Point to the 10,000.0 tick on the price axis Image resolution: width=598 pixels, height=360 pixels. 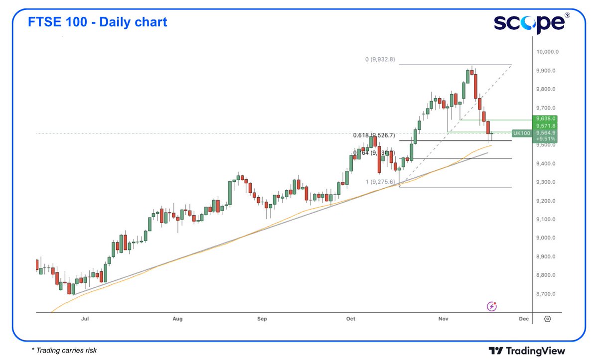click(x=547, y=52)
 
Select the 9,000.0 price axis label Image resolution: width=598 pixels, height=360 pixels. click(x=546, y=238)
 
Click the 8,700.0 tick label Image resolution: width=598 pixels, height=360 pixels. click(x=546, y=294)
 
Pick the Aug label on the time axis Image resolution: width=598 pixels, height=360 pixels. click(x=177, y=319)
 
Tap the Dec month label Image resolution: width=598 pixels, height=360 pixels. click(x=523, y=319)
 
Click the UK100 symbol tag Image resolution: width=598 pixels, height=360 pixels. click(x=521, y=133)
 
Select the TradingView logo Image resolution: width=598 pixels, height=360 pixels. click(x=527, y=351)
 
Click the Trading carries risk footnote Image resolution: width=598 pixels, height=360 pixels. click(x=64, y=351)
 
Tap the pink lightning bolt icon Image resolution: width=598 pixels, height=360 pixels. click(x=492, y=306)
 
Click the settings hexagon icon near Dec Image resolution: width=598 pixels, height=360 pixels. click(x=547, y=319)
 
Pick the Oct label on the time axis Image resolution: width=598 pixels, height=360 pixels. click(x=351, y=319)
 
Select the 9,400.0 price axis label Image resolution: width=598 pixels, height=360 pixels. click(x=546, y=164)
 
